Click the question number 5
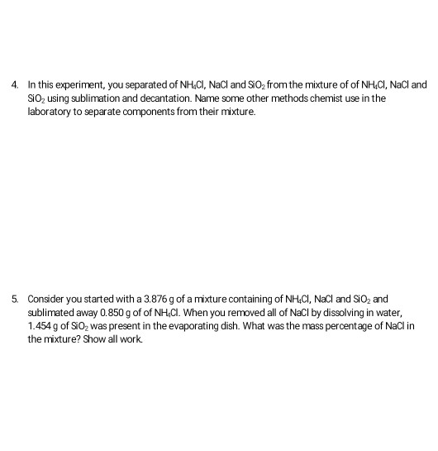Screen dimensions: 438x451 [x=15, y=296]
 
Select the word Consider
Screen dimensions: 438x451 [x=46, y=296]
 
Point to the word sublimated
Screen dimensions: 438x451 [x=53, y=309]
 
